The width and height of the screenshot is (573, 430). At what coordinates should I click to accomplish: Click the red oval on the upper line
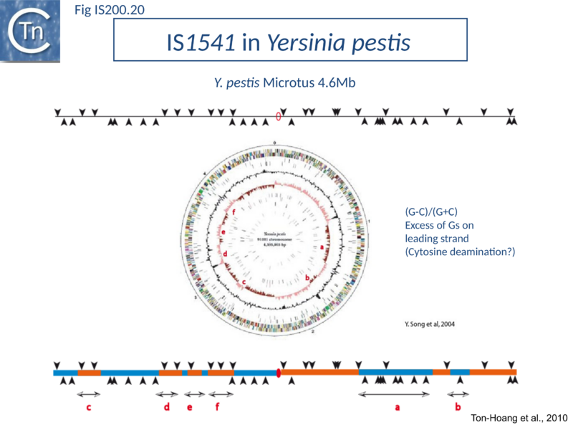coord(279,117)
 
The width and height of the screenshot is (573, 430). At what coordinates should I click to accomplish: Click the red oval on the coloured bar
coord(278,372)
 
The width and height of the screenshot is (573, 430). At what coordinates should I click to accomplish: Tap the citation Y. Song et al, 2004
coord(425,323)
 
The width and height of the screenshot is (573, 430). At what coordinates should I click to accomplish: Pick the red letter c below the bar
coord(88,408)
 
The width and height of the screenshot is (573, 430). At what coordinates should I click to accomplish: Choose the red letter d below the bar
coord(167,408)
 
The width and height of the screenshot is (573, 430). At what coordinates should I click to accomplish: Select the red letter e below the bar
coord(190,408)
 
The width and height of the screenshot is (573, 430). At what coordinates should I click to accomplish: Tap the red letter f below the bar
coord(218,408)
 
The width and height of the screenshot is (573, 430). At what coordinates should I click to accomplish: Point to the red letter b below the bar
coord(458,408)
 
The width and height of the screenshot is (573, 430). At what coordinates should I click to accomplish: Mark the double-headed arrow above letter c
coord(89,394)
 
